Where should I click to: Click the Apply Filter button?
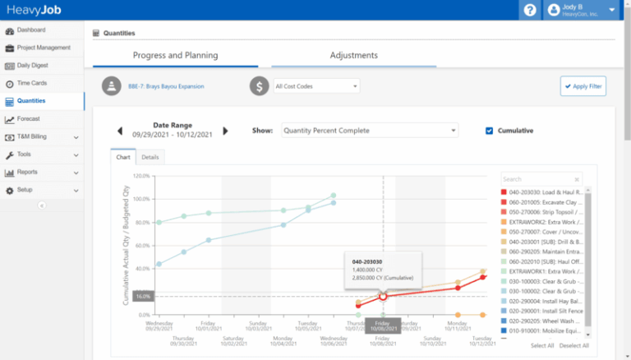(x=583, y=85)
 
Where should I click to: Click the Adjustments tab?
(x=353, y=56)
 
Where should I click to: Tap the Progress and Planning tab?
(x=175, y=56)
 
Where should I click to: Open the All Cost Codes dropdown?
(x=316, y=85)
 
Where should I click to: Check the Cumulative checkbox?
(x=490, y=131)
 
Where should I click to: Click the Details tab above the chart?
(x=150, y=156)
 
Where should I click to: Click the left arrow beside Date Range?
(x=119, y=131)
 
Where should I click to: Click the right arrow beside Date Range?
(x=226, y=131)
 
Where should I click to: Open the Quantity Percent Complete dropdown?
(x=369, y=131)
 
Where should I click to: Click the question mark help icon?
(x=530, y=10)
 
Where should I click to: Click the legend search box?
(x=541, y=178)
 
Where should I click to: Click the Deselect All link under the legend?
(x=573, y=346)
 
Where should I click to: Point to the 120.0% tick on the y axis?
(x=141, y=176)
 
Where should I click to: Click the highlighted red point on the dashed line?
(x=383, y=296)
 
